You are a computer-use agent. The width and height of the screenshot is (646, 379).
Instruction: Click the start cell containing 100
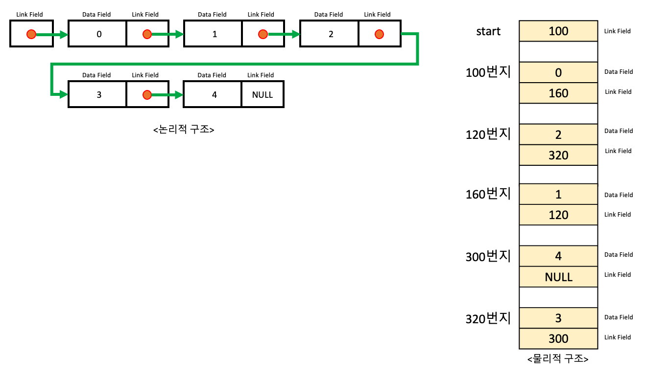(x=558, y=31)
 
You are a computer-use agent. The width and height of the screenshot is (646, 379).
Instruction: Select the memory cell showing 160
(x=558, y=93)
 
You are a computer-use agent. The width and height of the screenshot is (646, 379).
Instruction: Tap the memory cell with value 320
(x=558, y=155)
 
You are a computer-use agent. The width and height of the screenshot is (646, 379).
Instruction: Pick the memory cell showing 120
(x=558, y=215)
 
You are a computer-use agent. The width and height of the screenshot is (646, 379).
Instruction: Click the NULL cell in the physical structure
(x=558, y=277)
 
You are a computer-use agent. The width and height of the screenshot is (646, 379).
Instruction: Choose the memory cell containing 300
(x=558, y=338)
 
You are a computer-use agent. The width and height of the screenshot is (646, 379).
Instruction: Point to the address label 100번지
(x=488, y=73)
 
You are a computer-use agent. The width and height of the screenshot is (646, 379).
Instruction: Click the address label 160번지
(x=488, y=195)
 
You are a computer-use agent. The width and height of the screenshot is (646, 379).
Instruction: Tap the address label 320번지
(x=488, y=319)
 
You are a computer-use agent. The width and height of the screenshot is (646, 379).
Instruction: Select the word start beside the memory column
(x=488, y=31)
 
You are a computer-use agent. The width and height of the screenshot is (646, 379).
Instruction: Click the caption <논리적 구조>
(x=184, y=130)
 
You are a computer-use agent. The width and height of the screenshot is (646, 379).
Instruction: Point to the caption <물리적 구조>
(x=558, y=358)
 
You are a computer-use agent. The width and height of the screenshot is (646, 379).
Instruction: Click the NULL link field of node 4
(x=263, y=95)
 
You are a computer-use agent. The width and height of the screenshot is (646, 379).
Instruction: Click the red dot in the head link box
(x=31, y=34)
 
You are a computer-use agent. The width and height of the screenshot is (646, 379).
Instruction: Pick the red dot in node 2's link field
(x=379, y=34)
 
